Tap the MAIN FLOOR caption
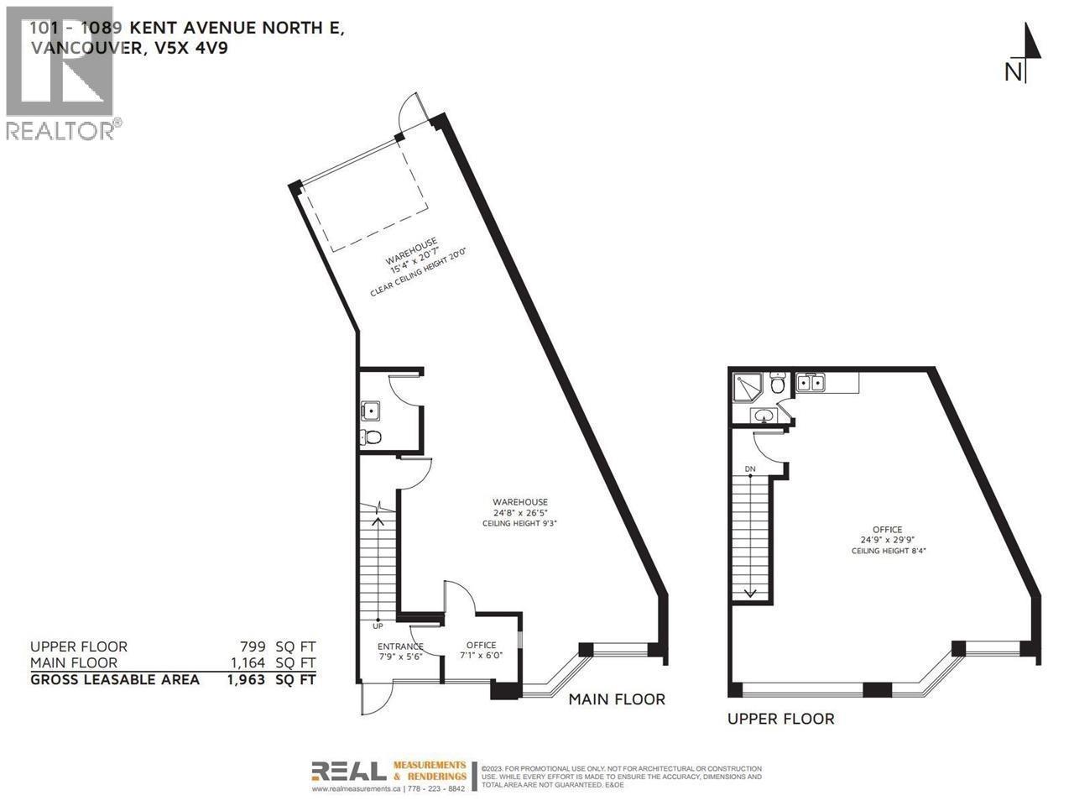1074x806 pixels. [x=617, y=699]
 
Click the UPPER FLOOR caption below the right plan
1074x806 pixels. [x=780, y=719]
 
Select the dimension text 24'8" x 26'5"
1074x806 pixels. [x=519, y=513]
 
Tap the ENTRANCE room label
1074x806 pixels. [x=399, y=646]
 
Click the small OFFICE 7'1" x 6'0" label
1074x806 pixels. [x=481, y=651]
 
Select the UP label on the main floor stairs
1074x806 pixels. [x=378, y=626]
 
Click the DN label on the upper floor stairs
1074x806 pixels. [x=750, y=468]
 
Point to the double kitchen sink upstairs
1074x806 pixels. [x=809, y=384]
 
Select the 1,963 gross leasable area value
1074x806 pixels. [x=246, y=679]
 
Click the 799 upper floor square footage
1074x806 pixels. [x=253, y=646]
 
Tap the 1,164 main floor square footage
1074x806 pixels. [x=247, y=663]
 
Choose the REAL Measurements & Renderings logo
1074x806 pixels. [x=388, y=775]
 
